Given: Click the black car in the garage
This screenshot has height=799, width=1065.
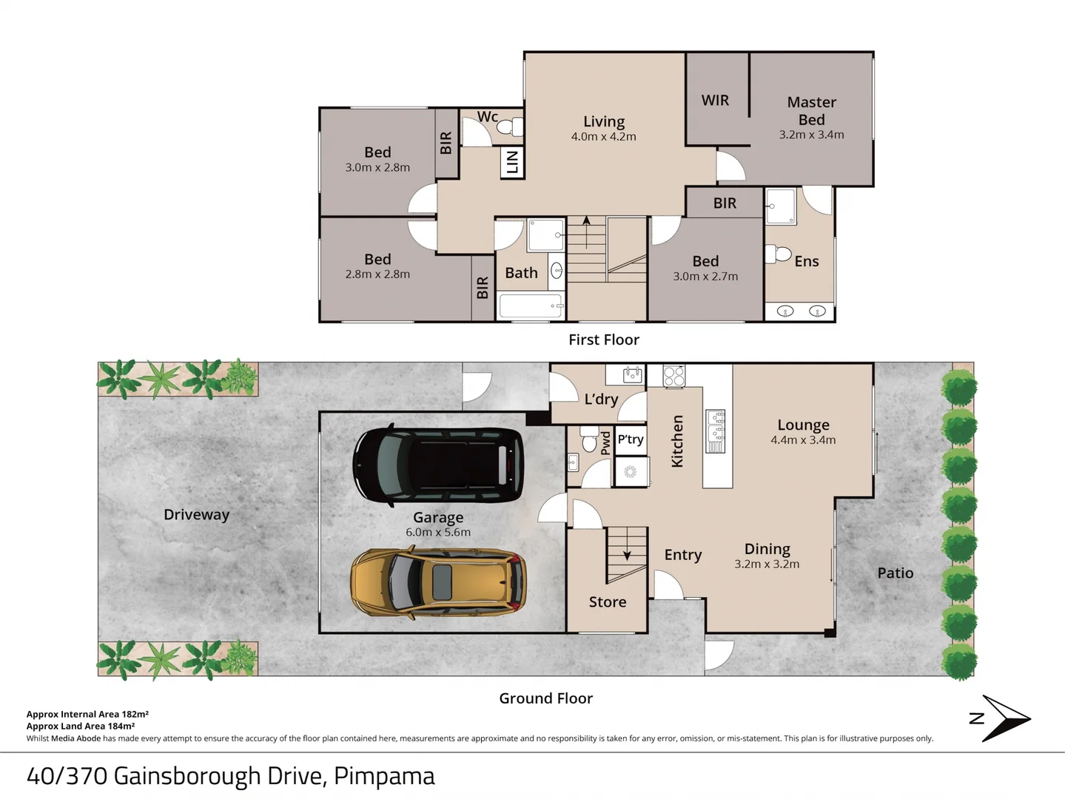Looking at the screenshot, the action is click(x=438, y=465).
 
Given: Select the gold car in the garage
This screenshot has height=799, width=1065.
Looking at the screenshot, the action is click(x=438, y=582).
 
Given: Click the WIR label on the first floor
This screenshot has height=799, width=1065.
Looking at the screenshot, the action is click(x=715, y=101).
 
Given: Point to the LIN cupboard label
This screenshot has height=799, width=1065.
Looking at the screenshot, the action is click(x=512, y=161).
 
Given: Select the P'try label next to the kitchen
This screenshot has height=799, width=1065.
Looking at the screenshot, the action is click(x=631, y=439).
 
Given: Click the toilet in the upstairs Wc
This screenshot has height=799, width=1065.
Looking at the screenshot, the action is click(x=510, y=127).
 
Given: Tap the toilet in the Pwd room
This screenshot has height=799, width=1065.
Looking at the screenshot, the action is click(x=589, y=438).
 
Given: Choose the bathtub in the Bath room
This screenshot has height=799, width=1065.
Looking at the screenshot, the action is click(x=531, y=306).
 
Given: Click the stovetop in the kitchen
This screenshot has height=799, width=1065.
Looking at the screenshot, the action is click(x=674, y=376).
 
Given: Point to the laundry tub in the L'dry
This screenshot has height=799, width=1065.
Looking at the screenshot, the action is click(x=632, y=375).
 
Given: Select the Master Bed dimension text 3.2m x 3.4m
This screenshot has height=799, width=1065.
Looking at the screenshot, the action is click(x=811, y=135).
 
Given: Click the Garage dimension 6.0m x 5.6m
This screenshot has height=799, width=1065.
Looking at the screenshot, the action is click(x=438, y=532).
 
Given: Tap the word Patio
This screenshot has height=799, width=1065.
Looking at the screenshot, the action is click(x=896, y=573).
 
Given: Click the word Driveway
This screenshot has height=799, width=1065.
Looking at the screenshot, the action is click(x=197, y=514).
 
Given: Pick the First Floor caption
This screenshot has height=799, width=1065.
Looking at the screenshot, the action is click(x=604, y=340).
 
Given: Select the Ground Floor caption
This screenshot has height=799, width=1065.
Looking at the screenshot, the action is click(x=546, y=698).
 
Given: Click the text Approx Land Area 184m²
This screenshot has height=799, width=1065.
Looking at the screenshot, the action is click(x=81, y=726).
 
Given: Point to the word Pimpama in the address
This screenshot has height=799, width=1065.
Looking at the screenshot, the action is click(x=384, y=777).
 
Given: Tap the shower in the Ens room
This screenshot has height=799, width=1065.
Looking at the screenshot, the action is click(x=781, y=206).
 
